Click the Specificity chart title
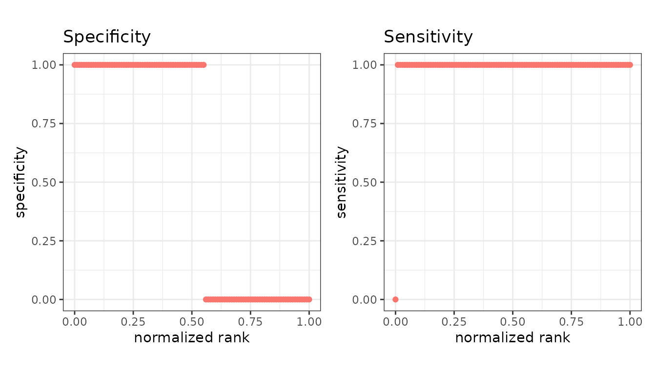[x=107, y=37]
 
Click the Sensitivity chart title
[x=428, y=37]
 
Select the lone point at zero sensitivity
[x=395, y=299]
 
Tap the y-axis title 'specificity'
[x=20, y=182]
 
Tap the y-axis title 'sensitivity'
[x=342, y=182]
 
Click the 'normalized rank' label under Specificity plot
[x=192, y=338]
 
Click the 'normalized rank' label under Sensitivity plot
[x=512, y=338]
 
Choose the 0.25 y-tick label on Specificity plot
[x=43, y=241]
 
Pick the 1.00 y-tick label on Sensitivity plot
[x=364, y=65]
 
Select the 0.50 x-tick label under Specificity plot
[x=192, y=322]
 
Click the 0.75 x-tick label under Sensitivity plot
[x=572, y=322]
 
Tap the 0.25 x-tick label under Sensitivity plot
[x=454, y=322]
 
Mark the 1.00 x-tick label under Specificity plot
[x=309, y=322]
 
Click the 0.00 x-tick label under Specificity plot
[x=75, y=322]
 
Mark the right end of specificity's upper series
[x=204, y=65]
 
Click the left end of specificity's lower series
[x=206, y=299]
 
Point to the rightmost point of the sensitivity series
[x=630, y=65]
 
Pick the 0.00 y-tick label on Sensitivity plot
[x=364, y=300]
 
